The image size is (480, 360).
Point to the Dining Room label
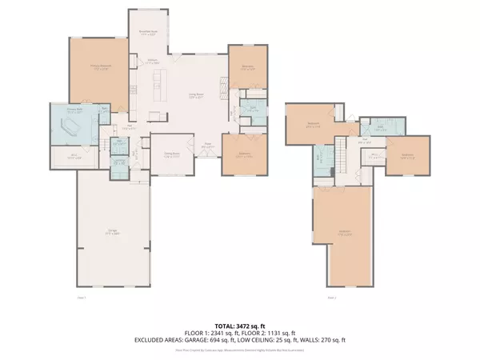click(171, 154)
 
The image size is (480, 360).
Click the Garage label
click(112, 233)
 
